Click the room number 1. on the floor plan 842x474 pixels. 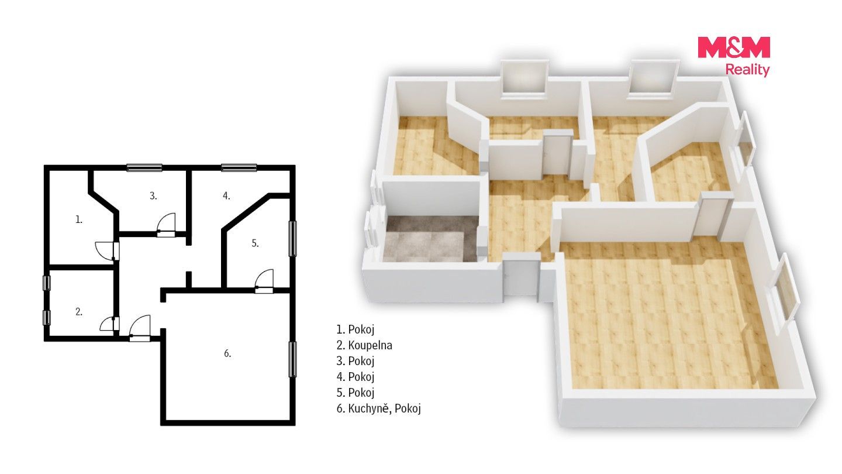tap(78, 219)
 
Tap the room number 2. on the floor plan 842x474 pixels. tap(78, 311)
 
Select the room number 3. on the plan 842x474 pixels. tap(153, 195)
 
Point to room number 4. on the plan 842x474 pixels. tap(226, 195)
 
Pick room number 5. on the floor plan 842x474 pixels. tap(255, 243)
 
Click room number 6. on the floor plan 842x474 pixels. tap(227, 353)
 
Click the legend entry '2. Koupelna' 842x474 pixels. tap(364, 345)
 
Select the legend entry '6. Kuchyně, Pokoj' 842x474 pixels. tap(378, 408)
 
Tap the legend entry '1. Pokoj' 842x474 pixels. tap(356, 329)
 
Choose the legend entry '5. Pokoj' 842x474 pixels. tap(356, 392)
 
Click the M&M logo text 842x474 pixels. tap(734, 48)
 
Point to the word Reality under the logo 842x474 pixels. tap(747, 70)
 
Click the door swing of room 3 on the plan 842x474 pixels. tap(166, 225)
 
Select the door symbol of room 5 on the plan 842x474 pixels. tap(264, 281)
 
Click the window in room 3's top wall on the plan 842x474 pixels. tap(144, 167)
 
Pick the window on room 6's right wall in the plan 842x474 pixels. tap(292, 359)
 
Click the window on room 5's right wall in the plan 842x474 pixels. tap(292, 239)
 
